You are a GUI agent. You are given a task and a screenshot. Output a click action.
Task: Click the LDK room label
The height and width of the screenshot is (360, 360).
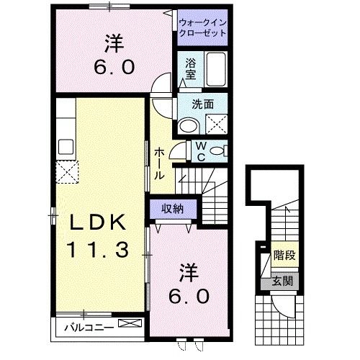tap(98, 223)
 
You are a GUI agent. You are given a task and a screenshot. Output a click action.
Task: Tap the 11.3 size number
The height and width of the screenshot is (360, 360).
tap(99, 250)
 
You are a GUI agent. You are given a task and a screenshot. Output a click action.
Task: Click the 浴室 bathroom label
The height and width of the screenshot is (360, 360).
tap(191, 68)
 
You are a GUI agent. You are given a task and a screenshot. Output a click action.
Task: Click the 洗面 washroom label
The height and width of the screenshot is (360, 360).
tap(202, 104)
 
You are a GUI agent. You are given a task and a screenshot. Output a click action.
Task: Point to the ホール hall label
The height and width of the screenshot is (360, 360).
tap(158, 163)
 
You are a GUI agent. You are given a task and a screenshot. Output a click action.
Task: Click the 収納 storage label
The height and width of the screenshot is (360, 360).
tap(171, 209)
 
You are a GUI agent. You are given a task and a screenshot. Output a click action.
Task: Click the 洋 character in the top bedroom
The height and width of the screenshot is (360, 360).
tap(112, 44)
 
